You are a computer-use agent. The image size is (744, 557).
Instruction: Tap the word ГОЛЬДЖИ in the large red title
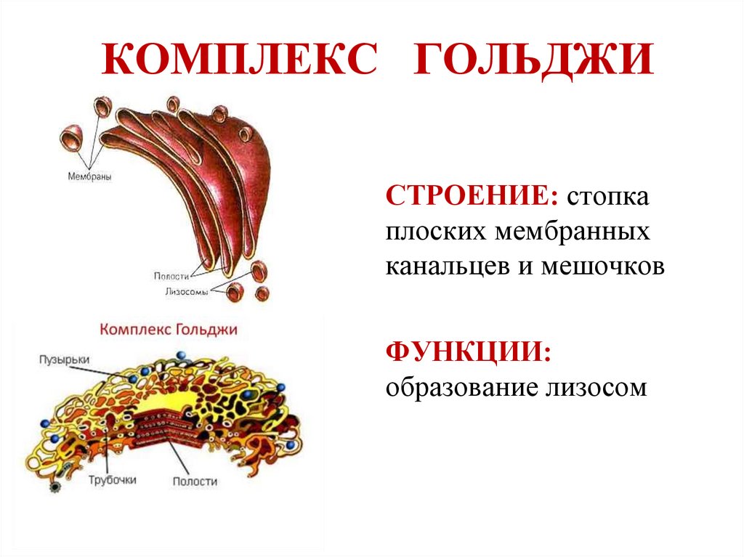tap(534, 60)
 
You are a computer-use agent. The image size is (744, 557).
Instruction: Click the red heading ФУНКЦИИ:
tap(468, 352)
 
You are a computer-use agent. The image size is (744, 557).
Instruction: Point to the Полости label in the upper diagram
tap(171, 276)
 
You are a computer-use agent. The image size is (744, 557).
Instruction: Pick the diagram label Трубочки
tap(112, 480)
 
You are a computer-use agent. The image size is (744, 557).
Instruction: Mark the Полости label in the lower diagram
tap(195, 481)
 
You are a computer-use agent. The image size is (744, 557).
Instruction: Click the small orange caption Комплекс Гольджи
tap(169, 329)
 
